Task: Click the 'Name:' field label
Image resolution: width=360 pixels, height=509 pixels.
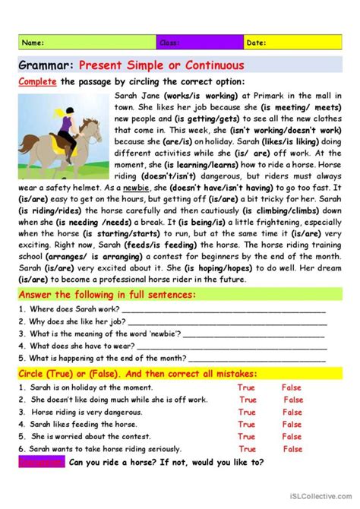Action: click(x=33, y=43)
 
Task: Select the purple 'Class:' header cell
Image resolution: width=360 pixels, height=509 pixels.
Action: click(x=201, y=43)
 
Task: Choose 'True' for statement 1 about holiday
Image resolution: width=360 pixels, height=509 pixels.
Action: click(x=246, y=387)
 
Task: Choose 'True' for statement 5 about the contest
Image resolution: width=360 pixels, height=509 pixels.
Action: click(x=246, y=437)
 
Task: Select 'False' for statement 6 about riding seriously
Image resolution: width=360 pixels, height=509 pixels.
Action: click(x=292, y=449)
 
